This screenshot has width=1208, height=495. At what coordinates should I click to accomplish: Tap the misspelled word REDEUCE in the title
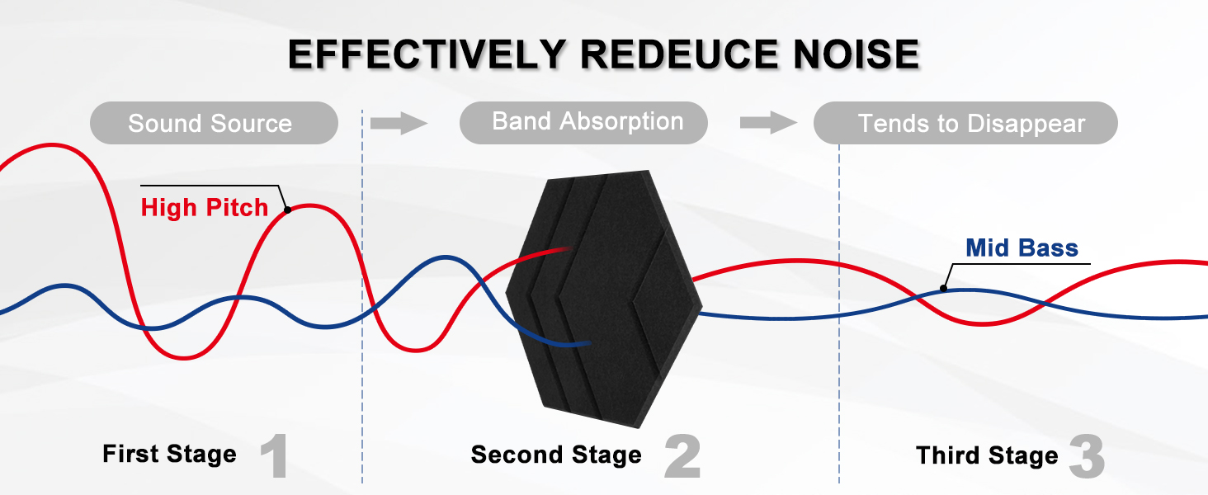pos(682,54)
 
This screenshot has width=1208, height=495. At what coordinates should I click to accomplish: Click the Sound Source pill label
pos(210,124)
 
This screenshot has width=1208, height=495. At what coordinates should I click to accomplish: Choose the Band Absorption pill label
pos(587,122)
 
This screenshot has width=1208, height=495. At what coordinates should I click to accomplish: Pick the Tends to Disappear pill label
pos(971,125)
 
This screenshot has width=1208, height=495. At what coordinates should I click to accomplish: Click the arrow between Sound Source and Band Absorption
pos(399,124)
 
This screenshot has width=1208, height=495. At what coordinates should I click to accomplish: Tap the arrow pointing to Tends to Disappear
pos(768,124)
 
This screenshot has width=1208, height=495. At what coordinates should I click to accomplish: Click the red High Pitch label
pos(205,207)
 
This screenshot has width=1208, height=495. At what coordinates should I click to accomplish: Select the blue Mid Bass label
pos(1022,248)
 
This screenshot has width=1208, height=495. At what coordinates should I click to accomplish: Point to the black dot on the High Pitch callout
pos(287,210)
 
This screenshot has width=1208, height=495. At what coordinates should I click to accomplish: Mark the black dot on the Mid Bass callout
pos(944,289)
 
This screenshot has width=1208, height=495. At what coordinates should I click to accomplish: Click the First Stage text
pos(169,454)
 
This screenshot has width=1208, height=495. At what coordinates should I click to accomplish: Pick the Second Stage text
pos(556,455)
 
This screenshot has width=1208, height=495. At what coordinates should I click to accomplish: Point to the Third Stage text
pos(987,455)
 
